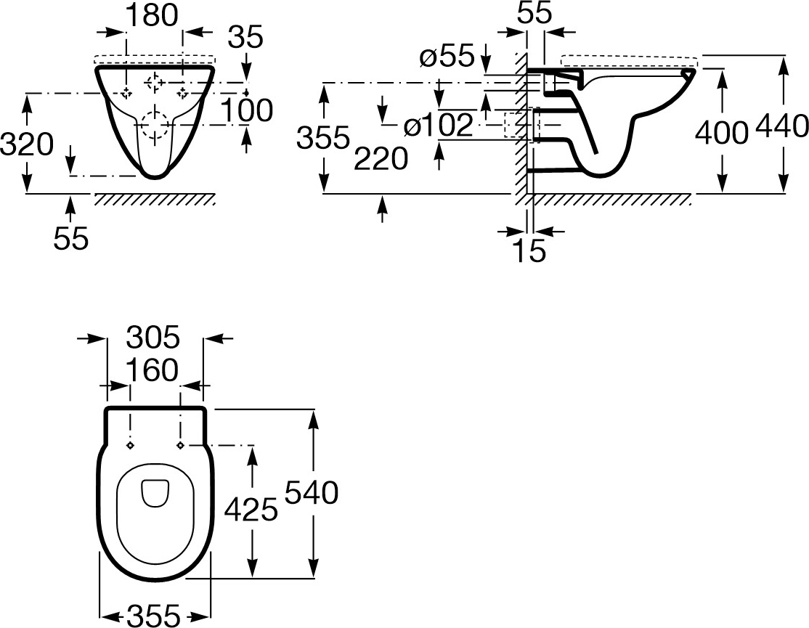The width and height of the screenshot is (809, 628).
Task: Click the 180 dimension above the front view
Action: tap(153, 16)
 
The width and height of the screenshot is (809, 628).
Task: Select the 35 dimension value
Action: tap(245, 37)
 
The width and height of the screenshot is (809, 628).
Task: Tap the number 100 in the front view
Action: tap(247, 110)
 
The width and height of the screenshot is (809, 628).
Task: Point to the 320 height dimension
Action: tap(26, 144)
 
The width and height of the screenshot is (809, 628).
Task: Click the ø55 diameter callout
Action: tap(447, 55)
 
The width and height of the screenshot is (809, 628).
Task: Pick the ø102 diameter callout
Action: tap(438, 126)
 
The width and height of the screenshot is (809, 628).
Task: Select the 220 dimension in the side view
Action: tap(381, 159)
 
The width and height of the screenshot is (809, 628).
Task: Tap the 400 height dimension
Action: tap(722, 133)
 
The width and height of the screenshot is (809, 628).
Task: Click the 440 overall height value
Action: tap(781, 126)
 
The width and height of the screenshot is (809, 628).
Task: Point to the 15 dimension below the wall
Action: tap(529, 251)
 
